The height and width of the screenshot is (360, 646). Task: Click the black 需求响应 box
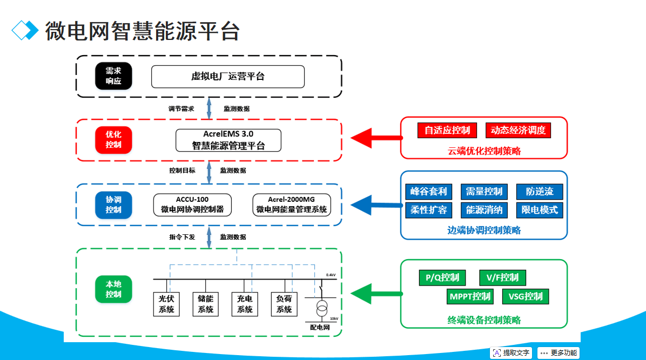[x=113, y=76]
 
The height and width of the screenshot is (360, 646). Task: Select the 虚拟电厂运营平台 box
[x=227, y=76]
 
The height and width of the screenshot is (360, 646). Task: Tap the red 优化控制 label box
[x=113, y=139]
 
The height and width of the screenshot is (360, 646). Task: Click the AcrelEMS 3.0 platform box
[x=228, y=140]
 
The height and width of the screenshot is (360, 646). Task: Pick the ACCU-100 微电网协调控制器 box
[x=192, y=205]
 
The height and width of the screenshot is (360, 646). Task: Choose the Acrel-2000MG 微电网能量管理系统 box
[x=292, y=205]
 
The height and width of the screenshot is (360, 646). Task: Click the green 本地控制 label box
[x=113, y=289]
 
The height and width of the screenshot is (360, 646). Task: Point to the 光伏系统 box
[x=166, y=304]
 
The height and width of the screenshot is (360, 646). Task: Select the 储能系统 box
[x=206, y=304]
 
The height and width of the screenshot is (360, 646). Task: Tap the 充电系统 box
[x=245, y=304]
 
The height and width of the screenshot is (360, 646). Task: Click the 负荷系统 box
[x=284, y=304]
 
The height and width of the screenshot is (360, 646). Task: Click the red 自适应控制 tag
[x=447, y=130]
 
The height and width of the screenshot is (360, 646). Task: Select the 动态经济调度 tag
[x=518, y=130]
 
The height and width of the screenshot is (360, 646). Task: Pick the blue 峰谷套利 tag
[x=428, y=192]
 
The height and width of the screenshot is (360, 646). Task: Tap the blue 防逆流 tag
[x=540, y=192]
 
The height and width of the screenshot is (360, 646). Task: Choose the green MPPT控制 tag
[x=470, y=296]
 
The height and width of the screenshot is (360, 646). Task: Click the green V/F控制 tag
[x=502, y=278]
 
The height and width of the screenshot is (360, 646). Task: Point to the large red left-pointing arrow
[x=375, y=138]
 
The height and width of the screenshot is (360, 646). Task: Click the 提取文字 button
[x=511, y=353]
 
